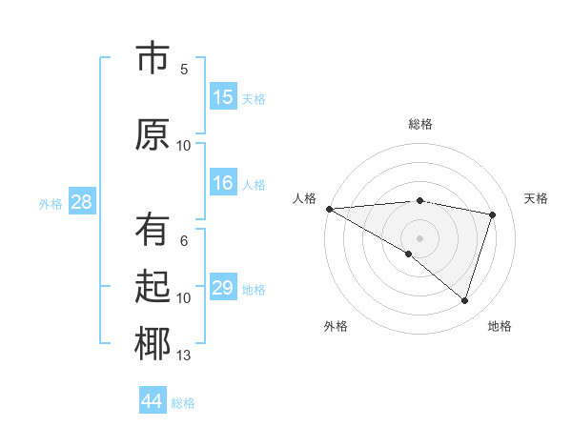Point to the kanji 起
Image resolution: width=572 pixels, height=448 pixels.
coord(153,287)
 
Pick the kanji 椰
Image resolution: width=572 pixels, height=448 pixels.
coord(153,344)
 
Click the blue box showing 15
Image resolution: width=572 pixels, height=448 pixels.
coord(223,97)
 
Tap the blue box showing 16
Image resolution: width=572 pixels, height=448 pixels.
coord(223,183)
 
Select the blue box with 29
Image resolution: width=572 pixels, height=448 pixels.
coord(223,288)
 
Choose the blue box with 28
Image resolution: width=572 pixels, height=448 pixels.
coord(81,202)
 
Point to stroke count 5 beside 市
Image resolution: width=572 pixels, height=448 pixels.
coord(184,69)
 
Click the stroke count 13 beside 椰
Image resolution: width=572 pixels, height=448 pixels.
coord(184,356)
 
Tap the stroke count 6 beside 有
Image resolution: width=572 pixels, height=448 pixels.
coord(184,241)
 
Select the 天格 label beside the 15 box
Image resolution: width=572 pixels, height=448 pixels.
coord(254,98)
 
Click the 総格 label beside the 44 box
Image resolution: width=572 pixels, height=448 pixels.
coord(183,403)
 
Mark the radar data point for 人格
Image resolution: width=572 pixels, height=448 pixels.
coord(329,208)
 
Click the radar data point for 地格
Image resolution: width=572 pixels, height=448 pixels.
coord(464,301)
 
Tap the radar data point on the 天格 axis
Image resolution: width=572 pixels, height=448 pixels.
coord(493,214)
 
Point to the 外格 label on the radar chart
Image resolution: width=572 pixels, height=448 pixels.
coord(336,326)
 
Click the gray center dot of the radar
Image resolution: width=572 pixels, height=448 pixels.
coord(419,236)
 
